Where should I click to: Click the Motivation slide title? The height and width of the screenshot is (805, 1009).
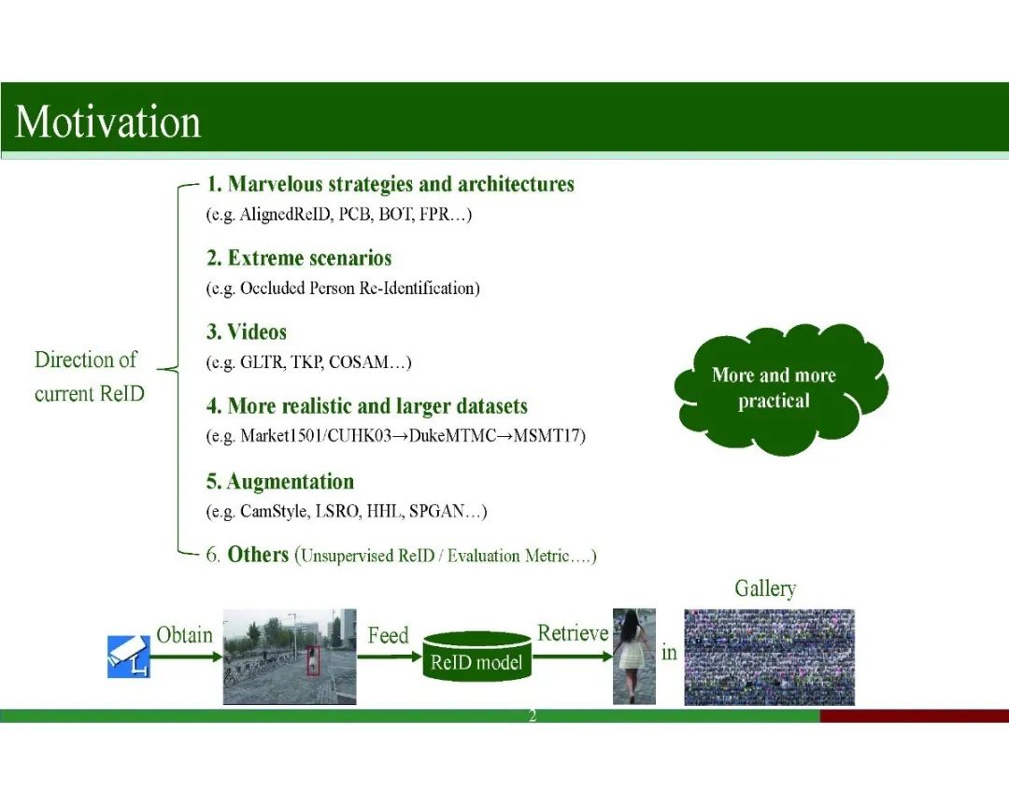tap(108, 121)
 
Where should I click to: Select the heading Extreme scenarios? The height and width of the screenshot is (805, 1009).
tap(309, 258)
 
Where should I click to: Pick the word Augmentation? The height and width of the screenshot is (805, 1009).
tap(291, 481)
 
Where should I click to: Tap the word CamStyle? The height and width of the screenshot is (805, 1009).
tap(274, 512)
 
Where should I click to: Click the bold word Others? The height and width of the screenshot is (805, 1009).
tap(258, 555)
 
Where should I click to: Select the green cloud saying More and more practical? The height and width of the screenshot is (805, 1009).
tap(780, 388)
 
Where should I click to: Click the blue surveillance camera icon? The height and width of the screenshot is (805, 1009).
tap(129, 657)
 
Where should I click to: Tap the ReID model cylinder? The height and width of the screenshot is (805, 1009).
tap(476, 657)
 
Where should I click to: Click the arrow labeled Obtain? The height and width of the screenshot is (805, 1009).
tap(187, 657)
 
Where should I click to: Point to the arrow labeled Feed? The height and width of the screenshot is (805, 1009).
tap(390, 657)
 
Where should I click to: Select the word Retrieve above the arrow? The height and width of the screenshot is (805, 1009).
tap(573, 633)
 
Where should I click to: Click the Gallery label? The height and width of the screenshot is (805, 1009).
tap(765, 588)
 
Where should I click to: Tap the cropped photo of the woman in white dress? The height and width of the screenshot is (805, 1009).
tap(633, 656)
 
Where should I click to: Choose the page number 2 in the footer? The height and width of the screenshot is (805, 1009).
tap(533, 715)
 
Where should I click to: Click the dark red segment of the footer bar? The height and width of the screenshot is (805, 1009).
tap(915, 715)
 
